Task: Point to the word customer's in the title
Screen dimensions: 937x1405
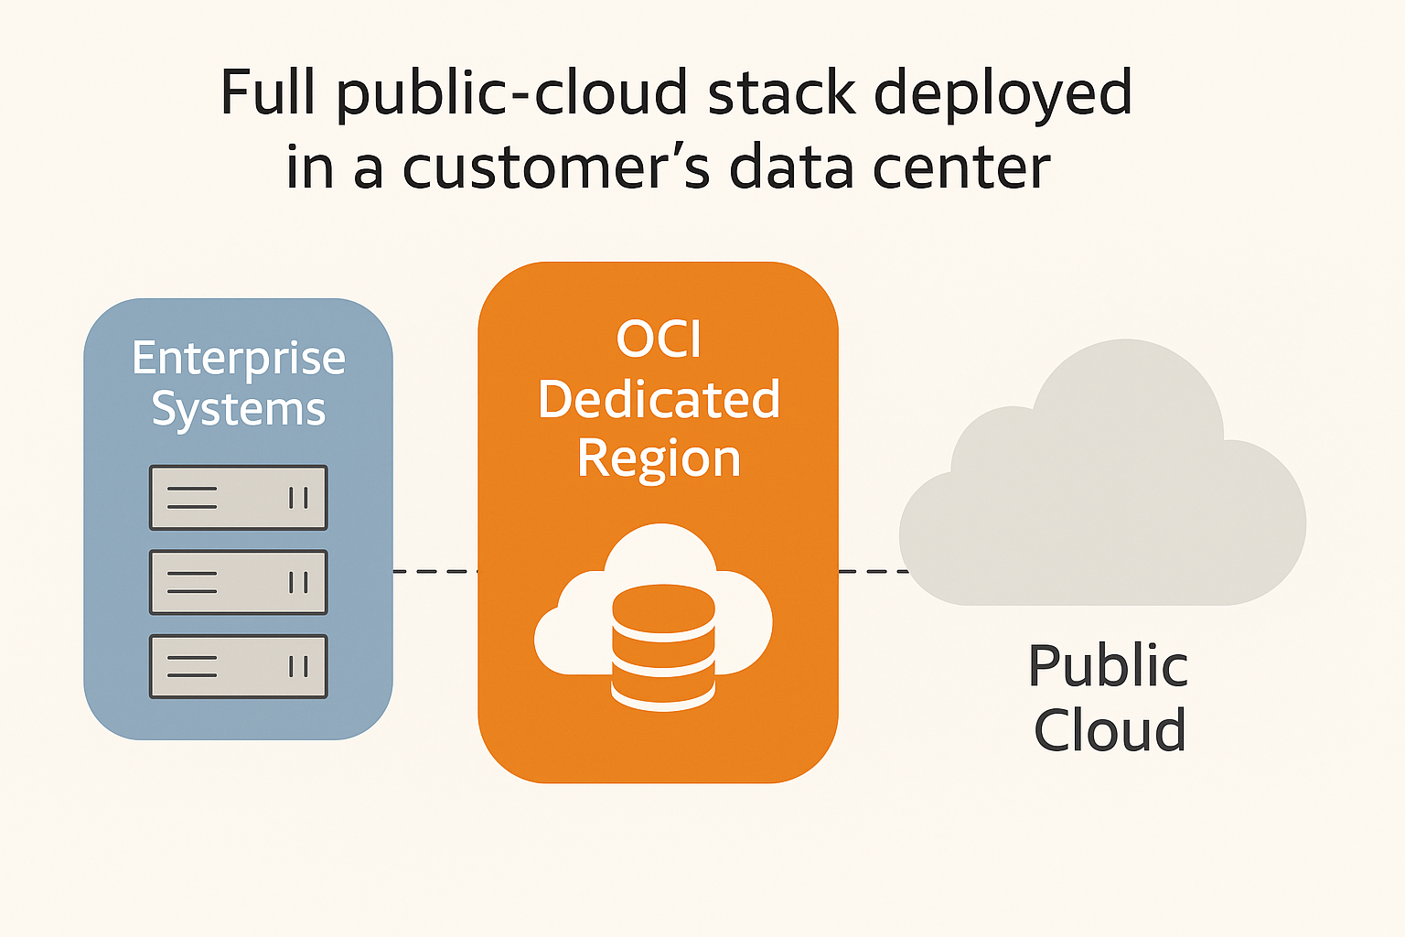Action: pos(555,167)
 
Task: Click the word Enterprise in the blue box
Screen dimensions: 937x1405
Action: pos(239,359)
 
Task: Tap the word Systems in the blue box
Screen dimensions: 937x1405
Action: pos(239,409)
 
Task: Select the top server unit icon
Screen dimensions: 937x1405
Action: pos(238,498)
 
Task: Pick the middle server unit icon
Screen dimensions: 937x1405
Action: pos(238,582)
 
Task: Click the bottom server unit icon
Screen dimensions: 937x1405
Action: pos(238,666)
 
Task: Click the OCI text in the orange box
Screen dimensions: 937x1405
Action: pos(659,339)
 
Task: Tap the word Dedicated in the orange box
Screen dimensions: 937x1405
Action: pos(659,399)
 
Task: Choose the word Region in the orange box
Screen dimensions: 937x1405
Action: pos(659,458)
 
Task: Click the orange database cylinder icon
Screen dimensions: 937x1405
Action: pos(663,647)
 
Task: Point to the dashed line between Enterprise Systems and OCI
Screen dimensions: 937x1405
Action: pos(434,571)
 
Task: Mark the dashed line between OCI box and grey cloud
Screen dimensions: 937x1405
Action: pos(871,571)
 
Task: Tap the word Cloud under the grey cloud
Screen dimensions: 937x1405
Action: pos(1110,730)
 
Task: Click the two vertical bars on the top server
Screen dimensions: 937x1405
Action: pos(298,498)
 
